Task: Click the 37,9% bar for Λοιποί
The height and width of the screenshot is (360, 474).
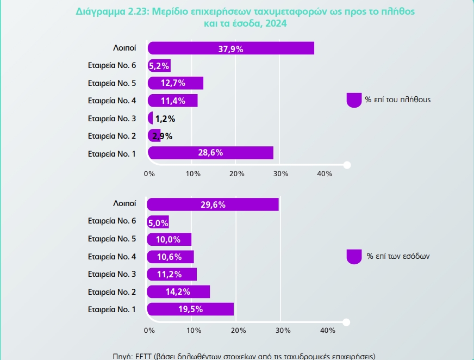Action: point(230,48)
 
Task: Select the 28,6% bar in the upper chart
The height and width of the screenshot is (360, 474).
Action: point(210,153)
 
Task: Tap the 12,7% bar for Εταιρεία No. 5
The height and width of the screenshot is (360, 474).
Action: point(176,83)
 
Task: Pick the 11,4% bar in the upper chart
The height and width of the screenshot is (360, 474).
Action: point(173,101)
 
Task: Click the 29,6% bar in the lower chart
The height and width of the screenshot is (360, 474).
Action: point(213,204)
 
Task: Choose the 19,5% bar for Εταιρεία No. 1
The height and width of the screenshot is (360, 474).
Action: point(190,309)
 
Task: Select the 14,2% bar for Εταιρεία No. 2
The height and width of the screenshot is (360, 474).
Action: point(178,291)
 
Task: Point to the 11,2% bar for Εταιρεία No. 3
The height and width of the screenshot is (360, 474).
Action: point(172,274)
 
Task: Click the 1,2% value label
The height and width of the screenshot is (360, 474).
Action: point(165,118)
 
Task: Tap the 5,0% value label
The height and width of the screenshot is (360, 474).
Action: point(159,222)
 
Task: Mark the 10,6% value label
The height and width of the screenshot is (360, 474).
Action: point(170,257)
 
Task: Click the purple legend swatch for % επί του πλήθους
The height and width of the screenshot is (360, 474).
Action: point(354,100)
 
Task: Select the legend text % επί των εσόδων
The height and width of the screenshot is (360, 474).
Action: point(398,256)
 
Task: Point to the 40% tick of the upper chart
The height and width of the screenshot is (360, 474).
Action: point(325,173)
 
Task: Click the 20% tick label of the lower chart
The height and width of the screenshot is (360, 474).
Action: point(239,330)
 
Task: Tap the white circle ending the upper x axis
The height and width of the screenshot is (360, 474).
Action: point(347,165)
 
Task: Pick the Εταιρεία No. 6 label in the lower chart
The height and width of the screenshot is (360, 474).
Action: point(112,221)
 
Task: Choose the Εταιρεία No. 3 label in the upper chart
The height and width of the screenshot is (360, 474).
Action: point(112,118)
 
